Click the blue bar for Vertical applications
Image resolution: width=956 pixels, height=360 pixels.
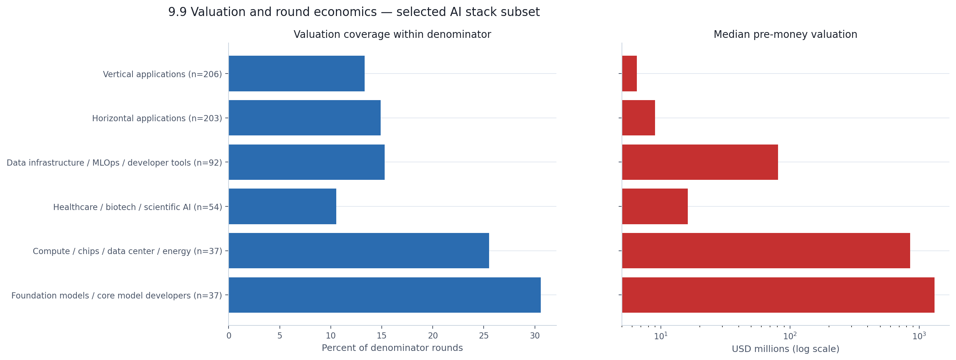(x=296, y=74)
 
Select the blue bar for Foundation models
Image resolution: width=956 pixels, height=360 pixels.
(x=385, y=295)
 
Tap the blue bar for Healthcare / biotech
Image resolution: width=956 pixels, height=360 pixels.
(x=282, y=206)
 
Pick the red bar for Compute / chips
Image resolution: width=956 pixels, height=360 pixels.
(x=766, y=250)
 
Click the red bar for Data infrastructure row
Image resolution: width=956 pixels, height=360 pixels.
(x=699, y=162)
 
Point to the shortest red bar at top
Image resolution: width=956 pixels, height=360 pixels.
(x=629, y=74)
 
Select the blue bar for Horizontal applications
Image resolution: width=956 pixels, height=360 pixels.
(x=304, y=118)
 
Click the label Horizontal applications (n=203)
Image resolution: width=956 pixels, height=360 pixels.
(x=157, y=118)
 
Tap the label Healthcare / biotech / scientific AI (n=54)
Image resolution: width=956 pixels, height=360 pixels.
(x=137, y=207)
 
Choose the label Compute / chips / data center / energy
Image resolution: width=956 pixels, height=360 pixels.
(x=127, y=251)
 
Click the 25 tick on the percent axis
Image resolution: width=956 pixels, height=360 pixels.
(x=484, y=336)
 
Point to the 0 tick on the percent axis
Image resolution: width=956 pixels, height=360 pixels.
(x=229, y=336)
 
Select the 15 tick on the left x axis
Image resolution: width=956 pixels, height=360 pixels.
(x=381, y=336)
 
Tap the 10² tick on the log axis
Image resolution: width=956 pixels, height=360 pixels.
(x=790, y=336)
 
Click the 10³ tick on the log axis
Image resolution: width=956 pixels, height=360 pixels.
(x=919, y=336)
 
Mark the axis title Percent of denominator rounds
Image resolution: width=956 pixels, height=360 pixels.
(x=392, y=348)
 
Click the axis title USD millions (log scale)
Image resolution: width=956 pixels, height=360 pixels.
(x=785, y=349)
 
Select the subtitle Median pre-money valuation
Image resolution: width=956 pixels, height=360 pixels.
(x=785, y=35)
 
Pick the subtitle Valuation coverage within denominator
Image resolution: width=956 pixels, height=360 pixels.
(x=392, y=35)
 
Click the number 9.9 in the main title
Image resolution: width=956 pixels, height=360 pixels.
(x=177, y=12)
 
